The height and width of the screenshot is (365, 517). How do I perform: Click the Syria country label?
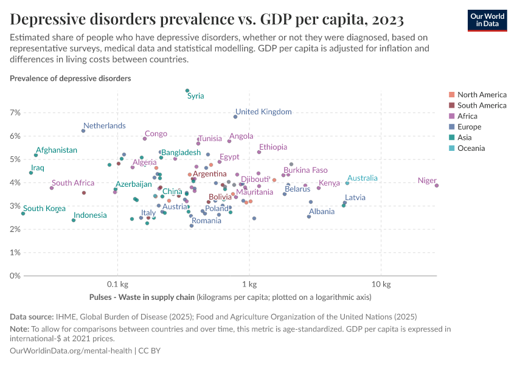195,96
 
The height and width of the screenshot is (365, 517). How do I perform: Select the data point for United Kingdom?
235,116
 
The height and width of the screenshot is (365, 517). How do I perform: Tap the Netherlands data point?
83,131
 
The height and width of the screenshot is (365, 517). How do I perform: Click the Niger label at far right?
427,180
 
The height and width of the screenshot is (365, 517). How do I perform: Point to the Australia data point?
347,183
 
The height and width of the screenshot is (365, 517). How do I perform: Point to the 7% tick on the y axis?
15,113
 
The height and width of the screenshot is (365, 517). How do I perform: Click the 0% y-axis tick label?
15,276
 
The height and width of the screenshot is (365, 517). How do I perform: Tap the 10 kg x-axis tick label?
381,285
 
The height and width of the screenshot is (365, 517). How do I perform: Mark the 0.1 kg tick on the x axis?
117,285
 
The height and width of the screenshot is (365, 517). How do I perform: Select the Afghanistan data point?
36,155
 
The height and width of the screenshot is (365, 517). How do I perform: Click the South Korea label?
44,209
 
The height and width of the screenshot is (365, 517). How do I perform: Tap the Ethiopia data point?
259,152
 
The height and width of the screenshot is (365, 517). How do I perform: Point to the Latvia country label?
355,198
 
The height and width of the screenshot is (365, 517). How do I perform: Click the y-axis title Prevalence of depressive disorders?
70,78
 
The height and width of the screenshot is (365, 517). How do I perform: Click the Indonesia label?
90,215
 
